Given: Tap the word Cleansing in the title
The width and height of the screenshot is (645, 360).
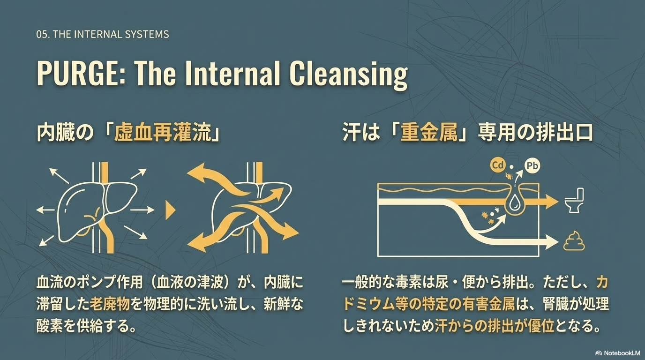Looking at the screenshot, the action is coord(348,74).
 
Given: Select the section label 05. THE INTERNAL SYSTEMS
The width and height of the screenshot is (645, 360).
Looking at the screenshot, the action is coord(102,34).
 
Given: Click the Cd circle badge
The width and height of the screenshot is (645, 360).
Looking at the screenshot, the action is coord(497,165).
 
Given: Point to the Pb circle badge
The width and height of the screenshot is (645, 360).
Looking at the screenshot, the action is coord(532,165).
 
